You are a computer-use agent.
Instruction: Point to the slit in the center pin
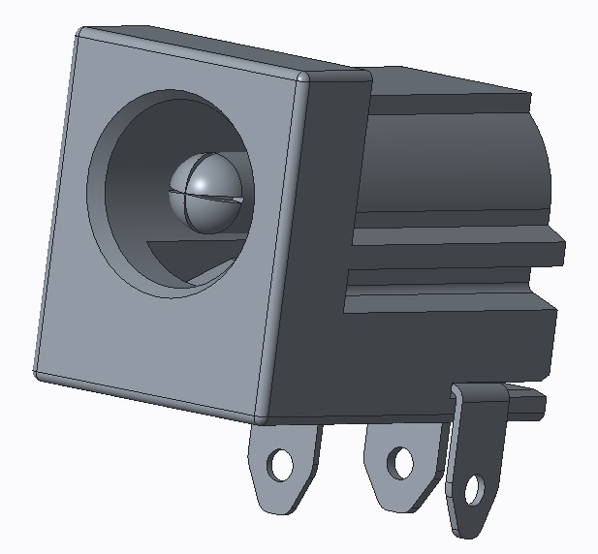(x=208, y=200)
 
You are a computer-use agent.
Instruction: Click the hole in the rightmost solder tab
(x=474, y=491)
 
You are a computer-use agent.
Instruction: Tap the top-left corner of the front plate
(x=79, y=36)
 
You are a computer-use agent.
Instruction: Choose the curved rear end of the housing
(x=539, y=174)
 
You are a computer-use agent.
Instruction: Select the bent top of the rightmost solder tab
(x=480, y=394)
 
